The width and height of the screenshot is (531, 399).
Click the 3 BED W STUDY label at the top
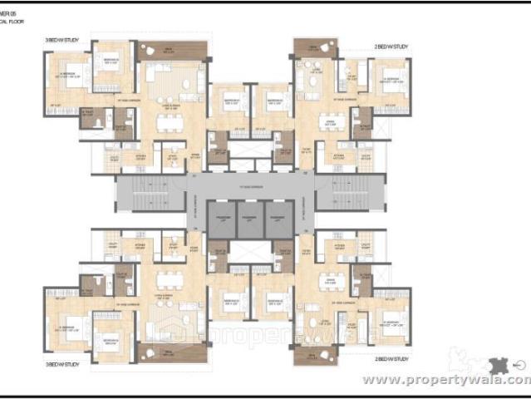[62, 38]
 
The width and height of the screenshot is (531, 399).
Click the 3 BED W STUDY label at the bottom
[63, 364]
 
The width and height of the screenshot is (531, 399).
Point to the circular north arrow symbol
[520, 362]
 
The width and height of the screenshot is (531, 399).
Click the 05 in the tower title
[15, 13]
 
